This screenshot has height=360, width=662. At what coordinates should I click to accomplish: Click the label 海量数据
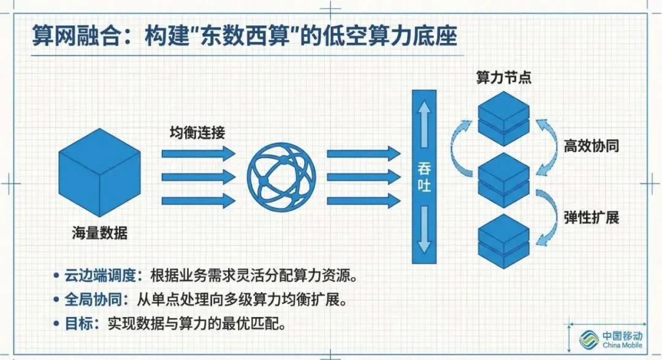coord(99,233)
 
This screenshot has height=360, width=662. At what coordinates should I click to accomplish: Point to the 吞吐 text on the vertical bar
coord(424,177)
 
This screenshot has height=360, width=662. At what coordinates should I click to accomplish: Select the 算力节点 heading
coord(504,79)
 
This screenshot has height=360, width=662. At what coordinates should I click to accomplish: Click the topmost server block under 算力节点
coord(503,117)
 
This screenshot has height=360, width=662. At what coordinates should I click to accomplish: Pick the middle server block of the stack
coord(503,178)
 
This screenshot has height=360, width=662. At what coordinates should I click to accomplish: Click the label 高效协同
coord(591,147)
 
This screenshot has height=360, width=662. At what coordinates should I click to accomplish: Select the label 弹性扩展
coord(591,218)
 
